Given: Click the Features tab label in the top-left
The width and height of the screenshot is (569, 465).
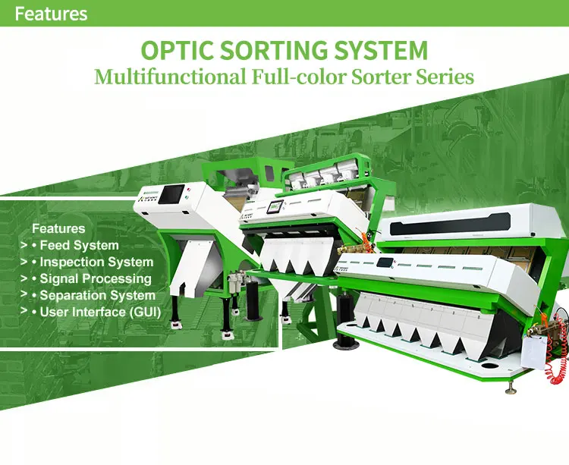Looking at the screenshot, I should [51, 14].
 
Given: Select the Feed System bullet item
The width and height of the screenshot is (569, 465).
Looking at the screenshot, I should [79, 246].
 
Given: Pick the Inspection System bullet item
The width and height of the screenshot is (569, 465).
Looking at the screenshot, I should [96, 262].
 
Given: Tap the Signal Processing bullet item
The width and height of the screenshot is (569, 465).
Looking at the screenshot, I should [96, 279].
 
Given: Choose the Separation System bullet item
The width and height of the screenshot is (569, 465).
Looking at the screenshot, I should [97, 296].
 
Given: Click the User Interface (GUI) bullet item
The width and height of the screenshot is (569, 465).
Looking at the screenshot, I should [100, 313].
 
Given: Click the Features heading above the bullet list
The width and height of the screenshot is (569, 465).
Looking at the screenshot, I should [58, 228].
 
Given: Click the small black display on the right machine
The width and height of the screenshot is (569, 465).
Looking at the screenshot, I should [386, 263].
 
